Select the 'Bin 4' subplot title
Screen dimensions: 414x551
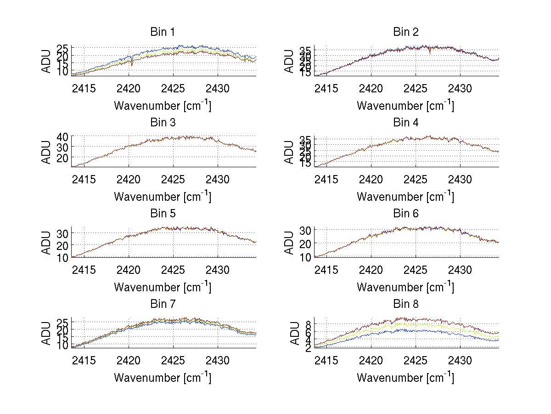(406, 123)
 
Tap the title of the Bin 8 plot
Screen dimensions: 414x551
(406, 304)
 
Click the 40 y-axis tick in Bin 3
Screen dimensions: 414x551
(62, 136)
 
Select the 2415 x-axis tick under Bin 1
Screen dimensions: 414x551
(84, 88)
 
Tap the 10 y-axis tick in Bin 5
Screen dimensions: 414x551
(62, 257)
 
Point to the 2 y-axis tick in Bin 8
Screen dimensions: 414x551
(307, 348)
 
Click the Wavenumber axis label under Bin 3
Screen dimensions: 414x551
(163, 197)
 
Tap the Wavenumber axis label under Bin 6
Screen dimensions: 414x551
(405, 287)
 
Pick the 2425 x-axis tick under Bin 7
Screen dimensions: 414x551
(173, 361)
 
